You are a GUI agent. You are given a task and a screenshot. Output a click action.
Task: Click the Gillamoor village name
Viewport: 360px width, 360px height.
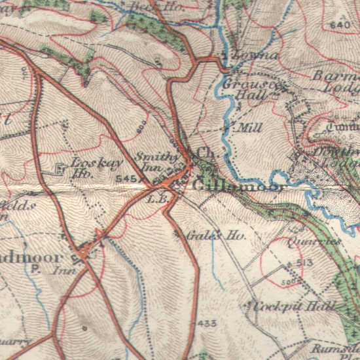coord(239,187)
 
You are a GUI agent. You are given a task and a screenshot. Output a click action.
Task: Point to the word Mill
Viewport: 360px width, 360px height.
coord(251,127)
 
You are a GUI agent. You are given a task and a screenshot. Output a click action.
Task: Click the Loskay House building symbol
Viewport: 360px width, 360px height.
coord(62,170)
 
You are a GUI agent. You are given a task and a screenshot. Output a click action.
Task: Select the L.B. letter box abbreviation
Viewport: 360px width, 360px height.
coord(154,197)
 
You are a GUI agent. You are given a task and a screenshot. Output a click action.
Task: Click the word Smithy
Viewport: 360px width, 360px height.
coord(156,156)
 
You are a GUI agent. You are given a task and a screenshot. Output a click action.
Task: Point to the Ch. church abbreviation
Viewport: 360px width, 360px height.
coord(206,153)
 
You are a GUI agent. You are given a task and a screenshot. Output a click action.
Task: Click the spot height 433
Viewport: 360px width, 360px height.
coord(207,323)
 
